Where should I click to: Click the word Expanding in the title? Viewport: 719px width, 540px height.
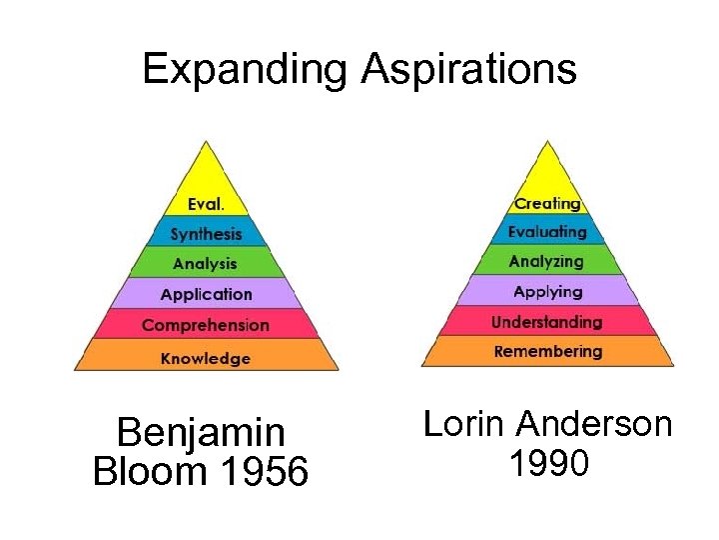(246, 70)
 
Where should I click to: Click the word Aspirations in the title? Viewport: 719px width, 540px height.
(468, 70)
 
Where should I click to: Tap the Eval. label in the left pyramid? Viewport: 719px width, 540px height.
(206, 204)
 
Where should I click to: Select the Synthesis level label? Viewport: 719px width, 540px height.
(206, 234)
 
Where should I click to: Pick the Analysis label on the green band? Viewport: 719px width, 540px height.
(205, 264)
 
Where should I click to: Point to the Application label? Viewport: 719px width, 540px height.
(206, 294)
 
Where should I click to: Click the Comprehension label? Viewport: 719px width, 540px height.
(206, 325)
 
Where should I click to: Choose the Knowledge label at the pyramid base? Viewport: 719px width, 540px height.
(206, 358)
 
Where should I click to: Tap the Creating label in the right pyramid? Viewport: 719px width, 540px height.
(547, 203)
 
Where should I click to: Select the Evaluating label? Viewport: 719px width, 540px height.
(547, 232)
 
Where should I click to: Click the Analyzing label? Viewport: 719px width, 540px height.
(547, 262)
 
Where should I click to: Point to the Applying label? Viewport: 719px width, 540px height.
(547, 292)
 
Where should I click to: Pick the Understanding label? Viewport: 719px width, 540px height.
(547, 322)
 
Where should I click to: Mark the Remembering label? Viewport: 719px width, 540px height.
(547, 352)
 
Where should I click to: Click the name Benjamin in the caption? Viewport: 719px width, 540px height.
(201, 434)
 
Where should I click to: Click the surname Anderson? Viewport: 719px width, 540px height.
(594, 424)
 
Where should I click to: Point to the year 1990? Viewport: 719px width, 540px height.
(548, 463)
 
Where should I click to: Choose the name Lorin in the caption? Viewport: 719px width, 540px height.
(464, 424)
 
